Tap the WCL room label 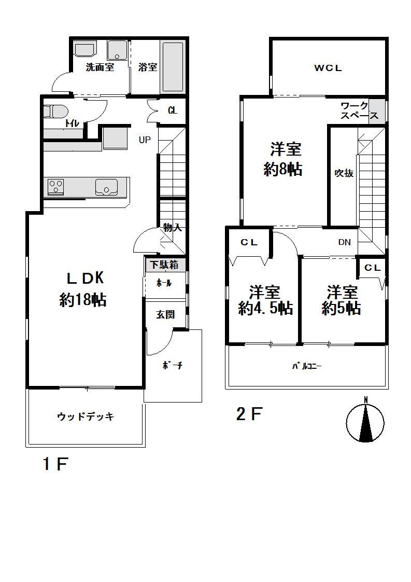click(x=328, y=67)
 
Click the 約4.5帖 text click(x=265, y=309)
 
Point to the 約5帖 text click(x=341, y=309)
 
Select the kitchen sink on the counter click(x=107, y=186)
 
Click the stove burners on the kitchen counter click(x=55, y=186)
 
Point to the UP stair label click(x=145, y=140)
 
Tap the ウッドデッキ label click(x=85, y=417)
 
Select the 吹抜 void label click(x=344, y=173)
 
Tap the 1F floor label click(x=55, y=464)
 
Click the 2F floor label click(x=249, y=414)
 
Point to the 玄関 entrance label click(x=165, y=314)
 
